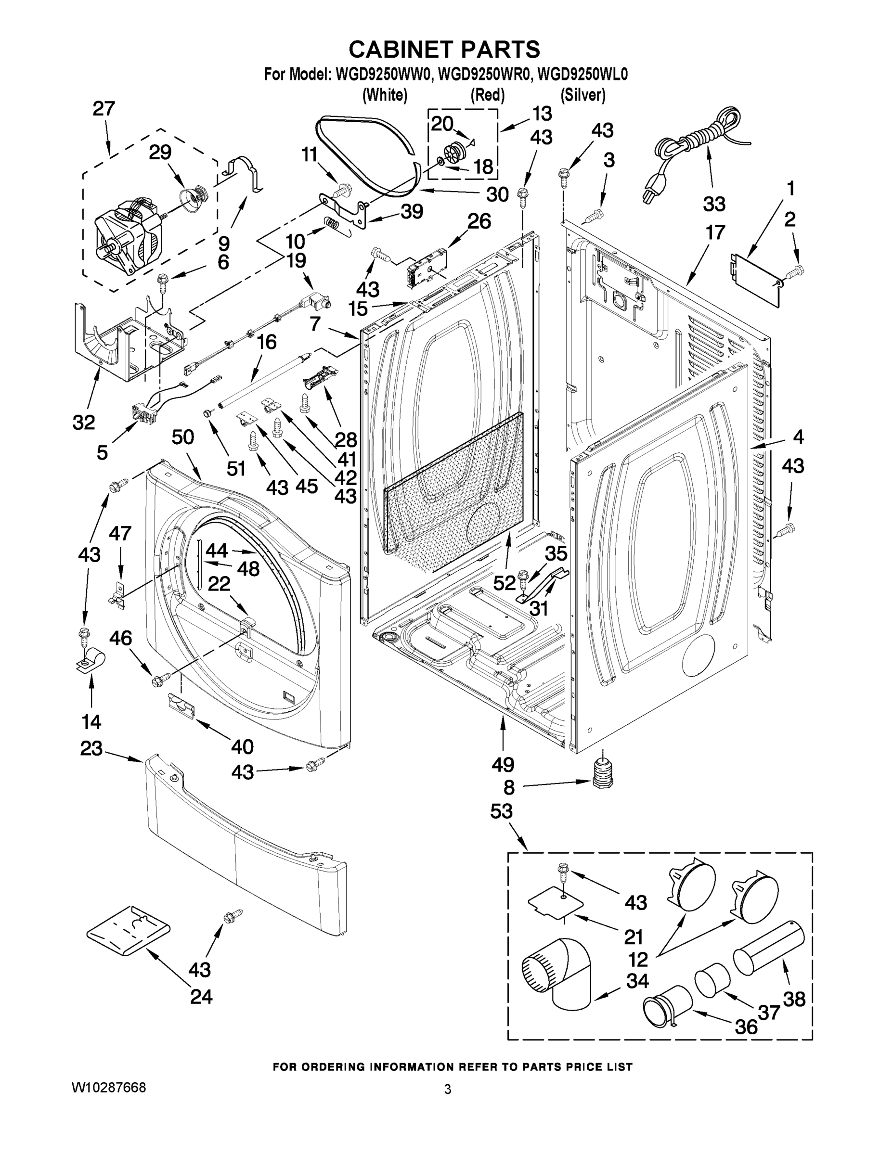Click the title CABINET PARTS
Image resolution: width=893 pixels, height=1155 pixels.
tap(444, 49)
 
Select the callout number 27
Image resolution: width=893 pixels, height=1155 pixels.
tap(104, 109)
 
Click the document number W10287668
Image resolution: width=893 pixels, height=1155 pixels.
tap(108, 1087)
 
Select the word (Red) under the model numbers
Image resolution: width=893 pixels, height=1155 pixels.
tap(487, 95)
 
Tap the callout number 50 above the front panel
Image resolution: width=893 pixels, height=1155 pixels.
tap(183, 437)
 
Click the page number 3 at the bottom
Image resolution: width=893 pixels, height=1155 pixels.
tap(448, 1089)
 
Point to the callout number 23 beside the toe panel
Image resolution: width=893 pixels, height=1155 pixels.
tap(91, 748)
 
